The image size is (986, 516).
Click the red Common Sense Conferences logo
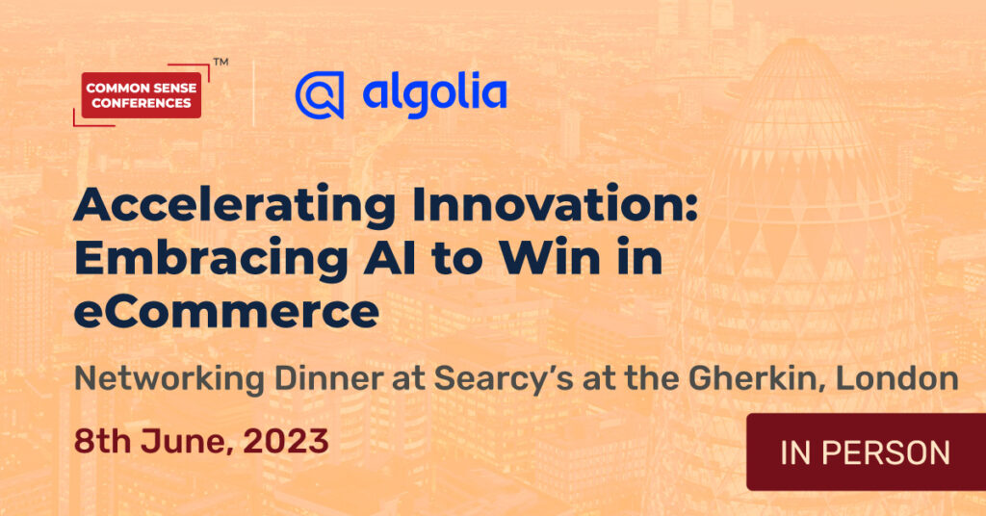[142, 95]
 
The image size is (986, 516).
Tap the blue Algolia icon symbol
[320, 95]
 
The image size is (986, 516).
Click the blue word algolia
[434, 95]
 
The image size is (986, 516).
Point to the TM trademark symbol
[221, 62]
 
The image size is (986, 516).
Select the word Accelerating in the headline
[235, 206]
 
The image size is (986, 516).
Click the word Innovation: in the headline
[555, 204]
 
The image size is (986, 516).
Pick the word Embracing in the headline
[211, 259]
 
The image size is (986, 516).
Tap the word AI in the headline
[390, 258]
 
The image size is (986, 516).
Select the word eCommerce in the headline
[226, 312]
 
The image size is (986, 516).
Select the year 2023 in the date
[286, 441]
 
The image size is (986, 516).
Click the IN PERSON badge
[866, 451]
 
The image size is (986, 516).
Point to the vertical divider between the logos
[253, 93]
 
